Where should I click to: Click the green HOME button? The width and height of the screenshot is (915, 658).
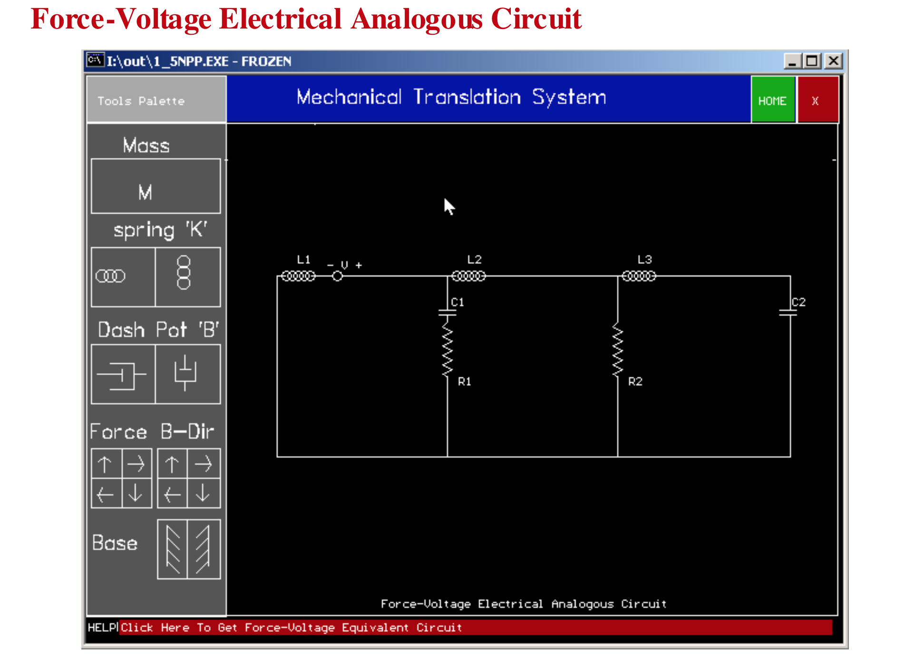(x=772, y=100)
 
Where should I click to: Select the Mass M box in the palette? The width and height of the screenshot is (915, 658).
(x=156, y=186)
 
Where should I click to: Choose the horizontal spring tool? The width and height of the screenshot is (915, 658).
(x=123, y=277)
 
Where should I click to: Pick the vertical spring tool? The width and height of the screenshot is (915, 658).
(x=187, y=277)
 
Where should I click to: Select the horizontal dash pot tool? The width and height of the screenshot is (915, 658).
(x=123, y=374)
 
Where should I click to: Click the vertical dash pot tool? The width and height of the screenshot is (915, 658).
(x=187, y=374)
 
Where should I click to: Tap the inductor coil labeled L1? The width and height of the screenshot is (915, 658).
(x=298, y=276)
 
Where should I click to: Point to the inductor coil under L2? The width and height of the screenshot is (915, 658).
(x=468, y=276)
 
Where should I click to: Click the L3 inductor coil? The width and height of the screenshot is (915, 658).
(x=639, y=276)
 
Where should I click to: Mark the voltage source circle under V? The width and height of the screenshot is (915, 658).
(x=337, y=276)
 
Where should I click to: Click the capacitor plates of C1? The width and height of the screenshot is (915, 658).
(x=447, y=312)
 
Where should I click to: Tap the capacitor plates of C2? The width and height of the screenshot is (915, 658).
(x=788, y=312)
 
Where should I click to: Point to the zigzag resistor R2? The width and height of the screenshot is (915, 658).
(x=617, y=350)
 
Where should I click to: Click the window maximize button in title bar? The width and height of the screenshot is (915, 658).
(x=812, y=61)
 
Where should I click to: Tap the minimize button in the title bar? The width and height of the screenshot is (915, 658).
(x=792, y=61)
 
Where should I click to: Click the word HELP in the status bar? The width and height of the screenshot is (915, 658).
(x=102, y=628)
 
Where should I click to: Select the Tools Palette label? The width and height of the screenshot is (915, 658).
(x=141, y=101)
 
